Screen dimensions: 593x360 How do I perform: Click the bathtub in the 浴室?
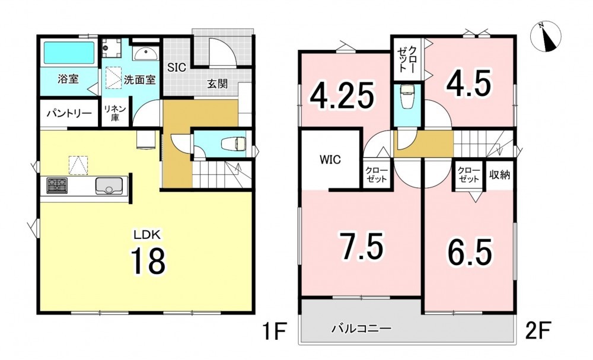pyautogui.click(x=69, y=53)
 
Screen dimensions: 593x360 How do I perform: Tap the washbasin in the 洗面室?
pyautogui.click(x=146, y=53)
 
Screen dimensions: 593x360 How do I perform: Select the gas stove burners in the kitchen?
pyautogui.click(x=57, y=186)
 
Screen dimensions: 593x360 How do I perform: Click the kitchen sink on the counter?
pyautogui.click(x=109, y=186)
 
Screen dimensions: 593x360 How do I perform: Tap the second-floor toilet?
pyautogui.click(x=407, y=97)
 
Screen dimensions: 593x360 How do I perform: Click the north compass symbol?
pyautogui.click(x=546, y=37)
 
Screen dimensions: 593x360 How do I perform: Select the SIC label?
pyautogui.click(x=177, y=67)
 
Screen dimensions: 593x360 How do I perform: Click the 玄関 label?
pyautogui.click(x=218, y=84)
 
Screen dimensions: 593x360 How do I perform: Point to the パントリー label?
pyautogui.click(x=69, y=113)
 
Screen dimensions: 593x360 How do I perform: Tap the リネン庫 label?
pyautogui.click(x=115, y=113)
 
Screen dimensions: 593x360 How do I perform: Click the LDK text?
pyautogui.click(x=146, y=234)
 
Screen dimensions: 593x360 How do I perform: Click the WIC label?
pyautogui.click(x=330, y=160)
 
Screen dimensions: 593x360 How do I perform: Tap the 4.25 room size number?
pyautogui.click(x=342, y=95)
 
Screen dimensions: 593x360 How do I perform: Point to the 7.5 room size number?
pyautogui.click(x=361, y=246)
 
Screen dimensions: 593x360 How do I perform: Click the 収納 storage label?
pyautogui.click(x=500, y=175)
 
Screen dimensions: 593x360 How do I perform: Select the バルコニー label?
pyautogui.click(x=361, y=328)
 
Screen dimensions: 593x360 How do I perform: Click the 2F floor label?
pyautogui.click(x=538, y=330)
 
